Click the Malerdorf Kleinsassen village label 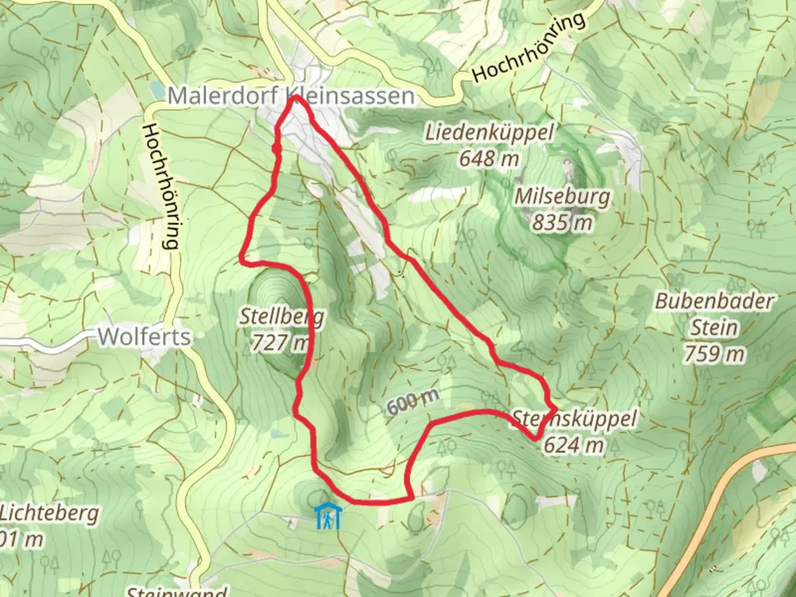pyautogui.click(x=291, y=96)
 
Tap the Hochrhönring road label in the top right pyautogui.click(x=528, y=48)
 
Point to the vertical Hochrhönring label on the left pyautogui.click(x=160, y=186)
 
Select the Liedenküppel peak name pyautogui.click(x=489, y=133)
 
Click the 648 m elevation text pyautogui.click(x=489, y=159)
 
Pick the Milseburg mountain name pyautogui.click(x=563, y=196)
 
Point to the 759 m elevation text pyautogui.click(x=715, y=354)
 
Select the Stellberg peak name pyautogui.click(x=281, y=317)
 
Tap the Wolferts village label pyautogui.click(x=144, y=337)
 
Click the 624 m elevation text pyautogui.click(x=573, y=445)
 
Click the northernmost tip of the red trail pyautogui.click(x=296, y=97)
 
